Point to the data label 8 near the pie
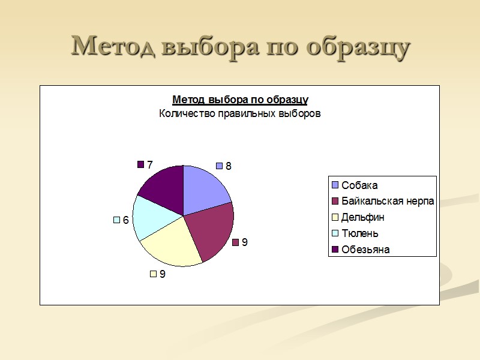[228, 166]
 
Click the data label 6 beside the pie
[126, 220]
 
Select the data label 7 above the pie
[150, 164]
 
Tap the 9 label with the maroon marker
[245, 242]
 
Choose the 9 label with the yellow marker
[163, 274]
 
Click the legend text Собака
[359, 185]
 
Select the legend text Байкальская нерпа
[388, 201]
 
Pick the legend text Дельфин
[363, 217]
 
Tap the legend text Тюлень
[360, 233]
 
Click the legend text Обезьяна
[365, 250]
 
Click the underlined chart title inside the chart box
[240, 99]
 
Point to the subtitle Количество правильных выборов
[240, 113]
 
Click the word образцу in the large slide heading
[358, 47]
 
